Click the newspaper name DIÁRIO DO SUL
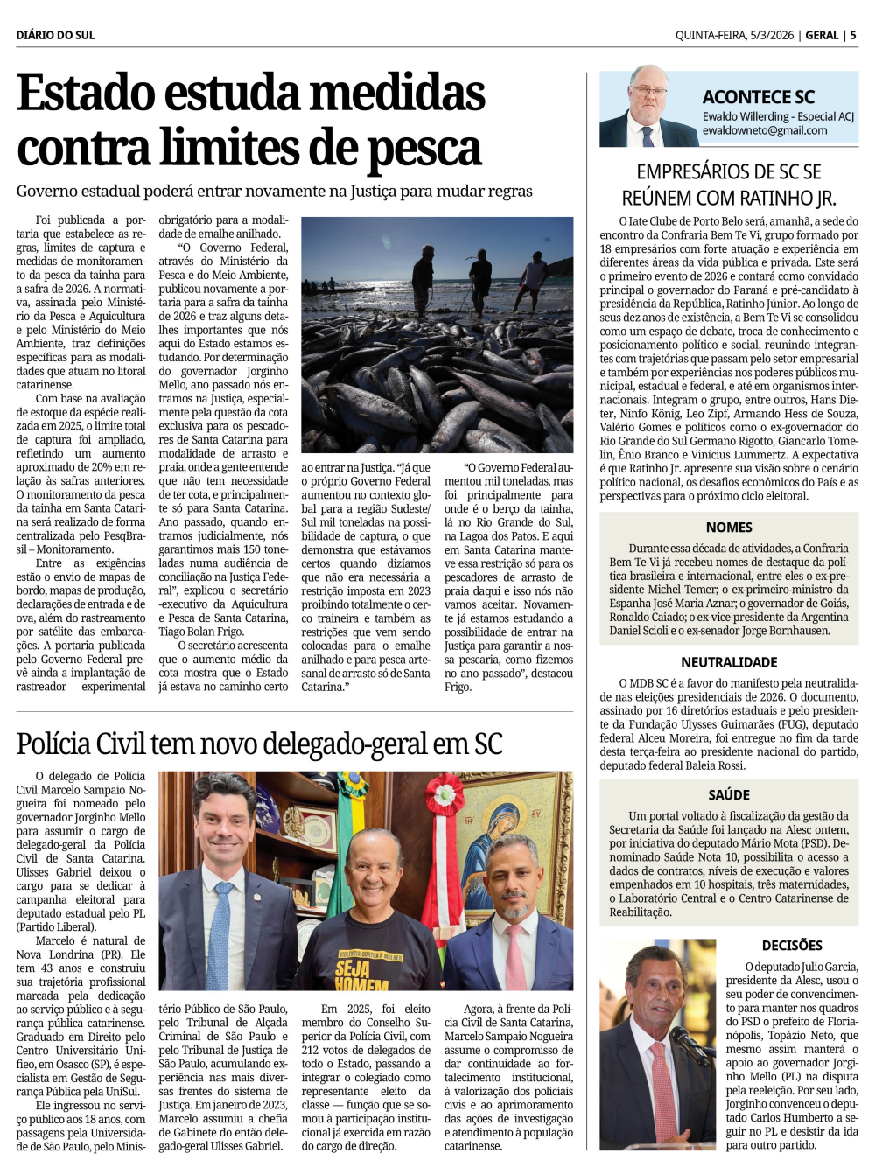coord(55,35)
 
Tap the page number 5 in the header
coord(853,35)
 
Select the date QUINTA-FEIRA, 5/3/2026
coord(734,35)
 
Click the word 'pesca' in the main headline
coord(423,149)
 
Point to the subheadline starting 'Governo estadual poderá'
coord(274,191)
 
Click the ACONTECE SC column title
coord(758,97)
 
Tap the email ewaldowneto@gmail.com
coord(764,130)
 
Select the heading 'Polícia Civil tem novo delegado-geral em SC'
coord(259,744)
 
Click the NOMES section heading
coord(729,527)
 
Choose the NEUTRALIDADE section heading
coord(729,662)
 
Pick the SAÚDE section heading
coord(729,794)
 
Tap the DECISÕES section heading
coord(792,945)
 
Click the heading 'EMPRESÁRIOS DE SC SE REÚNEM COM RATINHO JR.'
coord(729,185)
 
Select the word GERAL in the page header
coord(822,35)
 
